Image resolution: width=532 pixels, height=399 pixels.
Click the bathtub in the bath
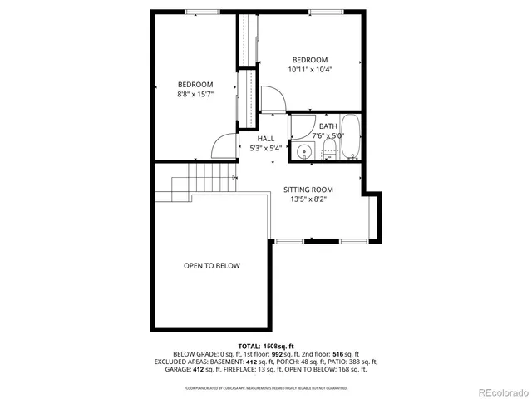coord(350,138)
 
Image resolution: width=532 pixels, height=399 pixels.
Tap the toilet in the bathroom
coord(328,150)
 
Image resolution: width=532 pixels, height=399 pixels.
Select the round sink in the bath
coord(304,151)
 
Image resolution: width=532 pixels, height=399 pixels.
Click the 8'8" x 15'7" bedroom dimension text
coord(195,95)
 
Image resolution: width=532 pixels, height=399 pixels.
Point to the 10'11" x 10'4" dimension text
coord(309,70)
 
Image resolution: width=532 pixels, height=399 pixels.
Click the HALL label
coord(266,138)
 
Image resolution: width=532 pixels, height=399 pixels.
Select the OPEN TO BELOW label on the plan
coord(212,266)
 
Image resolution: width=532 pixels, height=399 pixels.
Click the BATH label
coord(328,126)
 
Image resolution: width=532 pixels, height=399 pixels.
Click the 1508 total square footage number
coord(272,345)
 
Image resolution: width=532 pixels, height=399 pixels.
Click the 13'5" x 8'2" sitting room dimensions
coord(308,199)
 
